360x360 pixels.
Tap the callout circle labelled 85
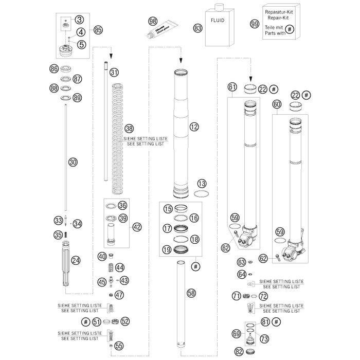[98, 29]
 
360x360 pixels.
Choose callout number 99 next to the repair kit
[254, 24]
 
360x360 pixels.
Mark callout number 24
[76, 261]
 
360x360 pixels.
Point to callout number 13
[202, 184]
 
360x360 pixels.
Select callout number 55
[119, 346]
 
